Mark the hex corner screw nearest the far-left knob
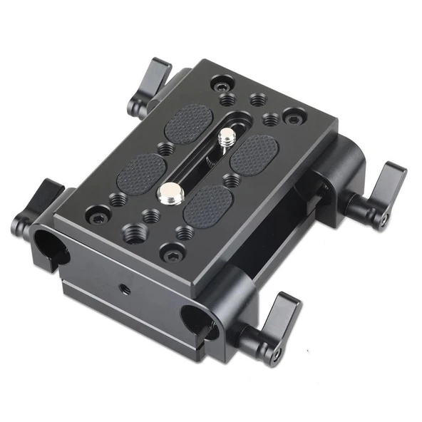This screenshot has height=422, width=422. click(97, 212)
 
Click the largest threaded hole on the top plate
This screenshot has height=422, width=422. click(132, 230)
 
